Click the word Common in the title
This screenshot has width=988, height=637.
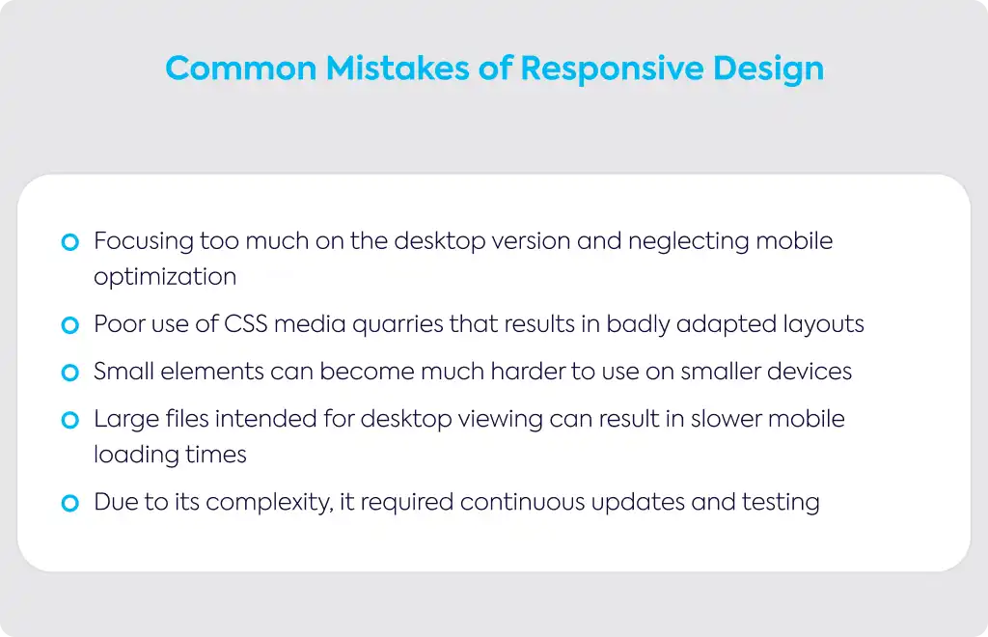[x=240, y=69]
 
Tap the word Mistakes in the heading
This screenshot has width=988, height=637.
[x=398, y=69]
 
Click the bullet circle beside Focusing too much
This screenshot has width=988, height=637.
[x=69, y=242]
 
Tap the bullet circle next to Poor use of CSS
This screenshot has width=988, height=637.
[x=69, y=325]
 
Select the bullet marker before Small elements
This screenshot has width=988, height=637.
[x=69, y=373]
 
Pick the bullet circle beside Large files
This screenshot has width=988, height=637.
[x=69, y=420]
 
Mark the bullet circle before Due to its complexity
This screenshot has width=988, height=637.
[x=69, y=503]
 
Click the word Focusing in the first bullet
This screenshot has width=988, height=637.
[x=144, y=242]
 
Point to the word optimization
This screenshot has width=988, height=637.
[x=165, y=277]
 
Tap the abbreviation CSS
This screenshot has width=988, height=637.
[x=246, y=324]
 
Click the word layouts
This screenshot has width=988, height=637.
[x=824, y=325]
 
